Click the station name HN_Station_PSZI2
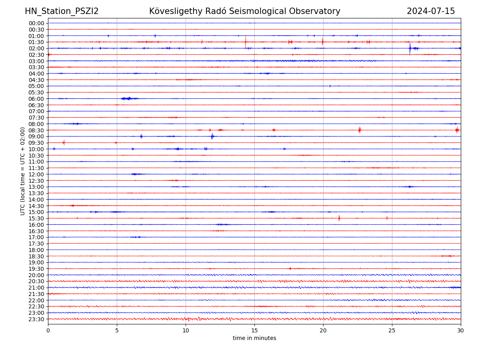pyautogui.click(x=62, y=11)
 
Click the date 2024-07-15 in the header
pyautogui.click(x=431, y=11)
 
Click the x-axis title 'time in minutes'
pyautogui.click(x=254, y=338)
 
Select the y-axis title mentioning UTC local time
pyautogui.click(x=23, y=171)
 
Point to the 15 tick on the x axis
pyautogui.click(x=254, y=331)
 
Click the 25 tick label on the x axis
pyautogui.click(x=392, y=331)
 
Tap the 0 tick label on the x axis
pyautogui.click(x=48, y=331)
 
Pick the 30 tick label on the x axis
pyautogui.click(x=461, y=331)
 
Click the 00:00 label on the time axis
pyautogui.click(x=36, y=23)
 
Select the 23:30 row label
pyautogui.click(x=36, y=319)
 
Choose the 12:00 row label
pyautogui.click(x=36, y=174)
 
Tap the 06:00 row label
pyautogui.click(x=36, y=99)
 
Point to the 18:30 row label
pyautogui.click(x=36, y=256)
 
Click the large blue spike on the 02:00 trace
pyautogui.click(x=410, y=48)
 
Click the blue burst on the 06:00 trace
pyautogui.click(x=127, y=98)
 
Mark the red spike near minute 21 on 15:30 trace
pyautogui.click(x=339, y=218)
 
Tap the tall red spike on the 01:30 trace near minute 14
pyautogui.click(x=246, y=41)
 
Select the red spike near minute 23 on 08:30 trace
pyautogui.click(x=360, y=130)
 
